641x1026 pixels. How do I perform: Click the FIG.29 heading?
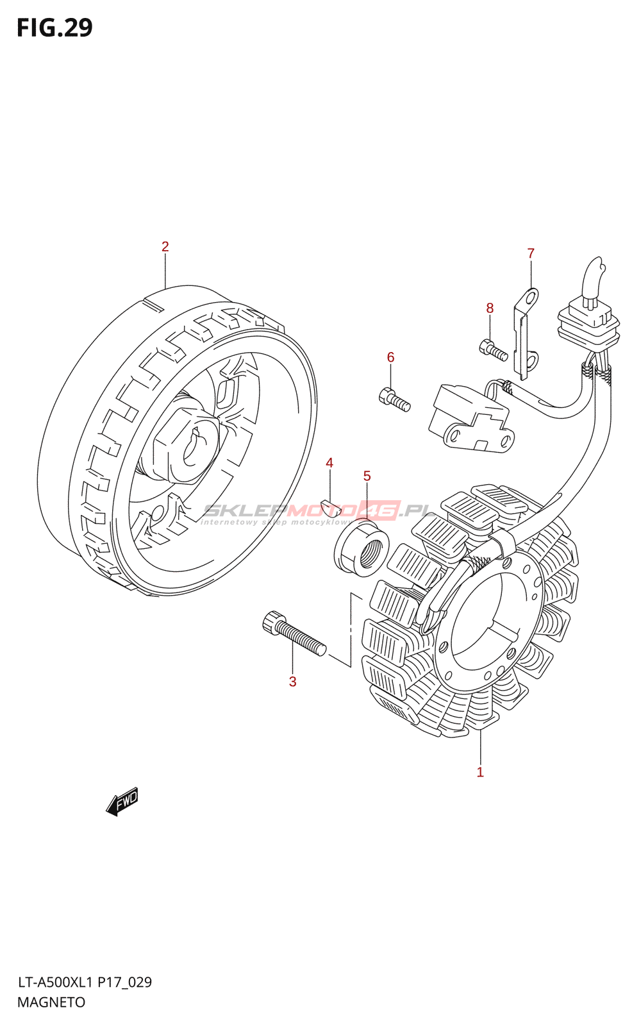tap(54, 28)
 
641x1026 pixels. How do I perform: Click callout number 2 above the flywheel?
tap(165, 246)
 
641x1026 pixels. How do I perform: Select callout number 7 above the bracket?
tap(531, 253)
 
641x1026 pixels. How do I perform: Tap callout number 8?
tap(490, 308)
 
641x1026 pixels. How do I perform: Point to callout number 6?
tap(390, 357)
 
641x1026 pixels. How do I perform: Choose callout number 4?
tap(329, 463)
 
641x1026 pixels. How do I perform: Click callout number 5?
tap(367, 476)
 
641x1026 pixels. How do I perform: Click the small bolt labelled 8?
tap(493, 350)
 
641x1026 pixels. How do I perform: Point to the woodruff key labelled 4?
tap(331, 507)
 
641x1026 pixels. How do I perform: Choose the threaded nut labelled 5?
tap(362, 548)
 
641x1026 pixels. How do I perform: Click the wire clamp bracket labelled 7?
tap(526, 333)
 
